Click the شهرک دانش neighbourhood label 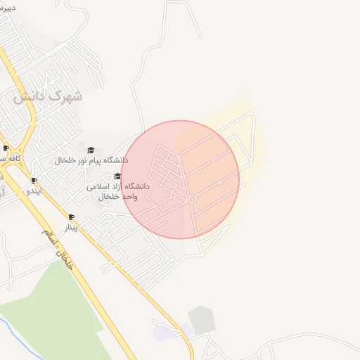[48, 96]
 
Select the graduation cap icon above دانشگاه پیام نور [90, 150]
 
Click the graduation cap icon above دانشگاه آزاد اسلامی [117, 176]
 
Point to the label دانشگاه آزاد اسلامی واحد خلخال [118, 191]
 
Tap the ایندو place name [34, 191]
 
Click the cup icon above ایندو [34, 181]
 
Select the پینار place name [70, 227]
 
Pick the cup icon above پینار [70, 217]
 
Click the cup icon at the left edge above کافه [6, 148]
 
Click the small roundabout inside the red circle [192, 200]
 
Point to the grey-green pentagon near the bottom [202, 320]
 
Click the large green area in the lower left [56, 309]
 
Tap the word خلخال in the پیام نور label [65, 160]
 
